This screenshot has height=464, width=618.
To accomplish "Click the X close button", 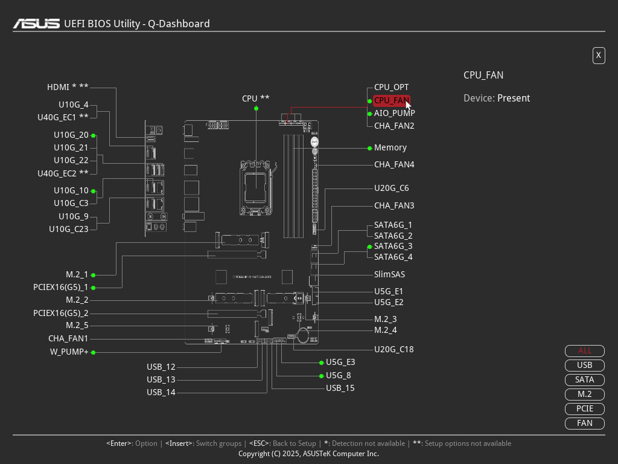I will (x=599, y=56).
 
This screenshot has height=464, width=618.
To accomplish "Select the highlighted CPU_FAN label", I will (x=391, y=100).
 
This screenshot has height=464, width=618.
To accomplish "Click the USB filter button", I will (x=584, y=365).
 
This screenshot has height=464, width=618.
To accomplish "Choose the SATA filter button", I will (x=584, y=379).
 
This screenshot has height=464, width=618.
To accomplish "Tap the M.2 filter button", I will (x=584, y=394).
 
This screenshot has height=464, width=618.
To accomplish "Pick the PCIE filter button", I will (x=584, y=408).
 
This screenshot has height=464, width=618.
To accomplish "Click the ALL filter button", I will (x=584, y=350).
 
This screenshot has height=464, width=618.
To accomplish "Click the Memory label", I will (x=390, y=147).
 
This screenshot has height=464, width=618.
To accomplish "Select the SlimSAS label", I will (x=389, y=274).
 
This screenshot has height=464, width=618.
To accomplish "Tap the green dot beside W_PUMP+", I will (x=94, y=352).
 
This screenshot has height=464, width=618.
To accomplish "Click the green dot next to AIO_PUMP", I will (x=369, y=114).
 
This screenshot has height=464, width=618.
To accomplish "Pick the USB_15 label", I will (x=340, y=388).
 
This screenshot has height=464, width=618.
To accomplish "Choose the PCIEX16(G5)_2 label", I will (x=61, y=313).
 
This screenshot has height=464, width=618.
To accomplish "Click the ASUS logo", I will (x=36, y=24).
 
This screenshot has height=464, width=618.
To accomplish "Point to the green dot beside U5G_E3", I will (x=321, y=362).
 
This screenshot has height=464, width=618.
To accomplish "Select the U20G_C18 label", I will (x=393, y=349).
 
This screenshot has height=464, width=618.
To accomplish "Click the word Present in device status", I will (x=514, y=98).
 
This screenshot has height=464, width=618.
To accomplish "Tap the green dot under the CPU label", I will (x=256, y=109).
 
